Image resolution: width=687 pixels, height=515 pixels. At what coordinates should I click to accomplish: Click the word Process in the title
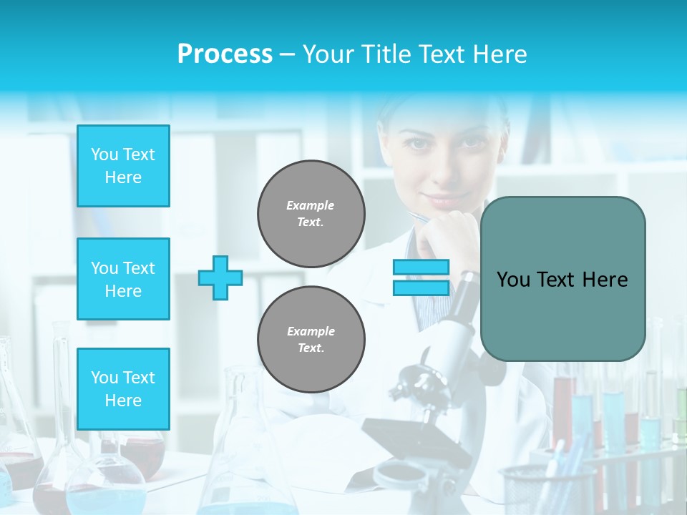(225, 54)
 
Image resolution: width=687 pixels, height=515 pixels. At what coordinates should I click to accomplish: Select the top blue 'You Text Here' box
(123, 166)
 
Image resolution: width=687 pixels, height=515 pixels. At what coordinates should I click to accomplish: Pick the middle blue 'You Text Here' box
(123, 279)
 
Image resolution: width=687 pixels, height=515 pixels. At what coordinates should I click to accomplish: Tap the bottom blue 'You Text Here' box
(123, 389)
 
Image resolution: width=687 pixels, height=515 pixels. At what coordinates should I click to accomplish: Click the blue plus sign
(220, 278)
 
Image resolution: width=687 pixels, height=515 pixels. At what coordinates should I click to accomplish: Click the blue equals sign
(421, 278)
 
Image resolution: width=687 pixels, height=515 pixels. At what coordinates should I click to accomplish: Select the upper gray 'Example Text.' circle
(311, 214)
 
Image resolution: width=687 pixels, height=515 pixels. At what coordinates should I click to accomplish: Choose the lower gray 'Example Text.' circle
(311, 340)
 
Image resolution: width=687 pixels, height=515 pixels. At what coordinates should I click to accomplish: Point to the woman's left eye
(472, 142)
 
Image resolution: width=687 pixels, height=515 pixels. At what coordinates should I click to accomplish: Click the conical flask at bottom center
(247, 458)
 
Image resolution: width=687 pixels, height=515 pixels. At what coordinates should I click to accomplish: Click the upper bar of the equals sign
(421, 268)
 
